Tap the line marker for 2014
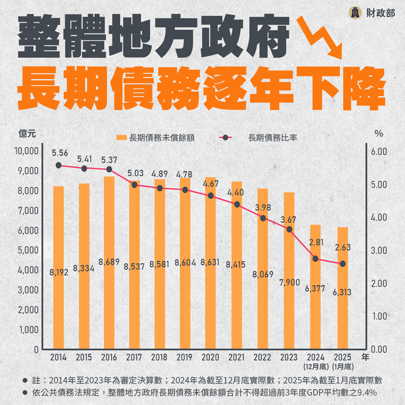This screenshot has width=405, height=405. coord(58,165)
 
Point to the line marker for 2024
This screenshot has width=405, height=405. coord(315,259)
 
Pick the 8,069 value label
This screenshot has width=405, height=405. coord(263,274)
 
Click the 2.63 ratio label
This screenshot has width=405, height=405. coord(342,247)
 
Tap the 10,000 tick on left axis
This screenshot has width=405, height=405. coord(27,151)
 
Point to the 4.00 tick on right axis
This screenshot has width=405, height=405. coord(379,217)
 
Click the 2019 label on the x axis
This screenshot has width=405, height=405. coord(185,358)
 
